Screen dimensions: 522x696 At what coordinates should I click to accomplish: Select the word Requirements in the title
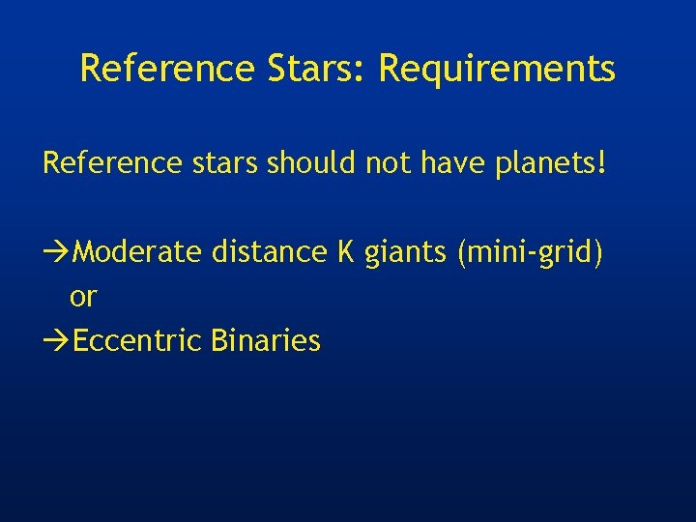point(497,69)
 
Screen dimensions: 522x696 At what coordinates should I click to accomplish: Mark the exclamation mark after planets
point(603,162)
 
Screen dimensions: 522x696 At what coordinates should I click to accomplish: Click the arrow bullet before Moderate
point(57,252)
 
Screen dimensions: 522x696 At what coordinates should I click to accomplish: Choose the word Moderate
point(137,252)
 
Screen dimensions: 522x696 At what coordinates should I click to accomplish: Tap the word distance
point(269,252)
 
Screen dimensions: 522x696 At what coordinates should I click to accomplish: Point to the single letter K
point(345,252)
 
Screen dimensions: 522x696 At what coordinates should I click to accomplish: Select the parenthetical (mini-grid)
point(531,253)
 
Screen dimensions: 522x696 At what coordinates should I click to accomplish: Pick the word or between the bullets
point(83,298)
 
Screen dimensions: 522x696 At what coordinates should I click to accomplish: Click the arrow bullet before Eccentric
point(57,341)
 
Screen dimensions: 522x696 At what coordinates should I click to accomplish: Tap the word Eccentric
point(136,341)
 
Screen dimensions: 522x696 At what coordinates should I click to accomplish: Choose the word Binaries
point(265,341)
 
